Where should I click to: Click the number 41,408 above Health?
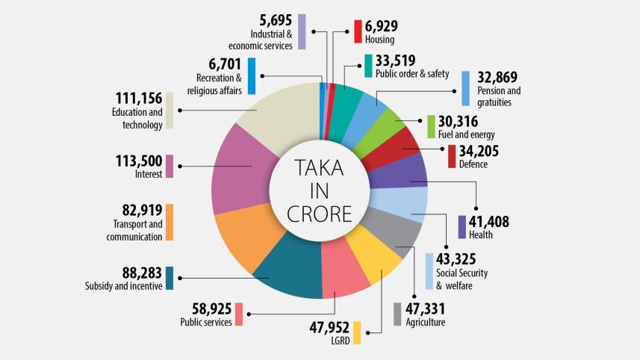491,221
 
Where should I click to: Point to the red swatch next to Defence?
451,156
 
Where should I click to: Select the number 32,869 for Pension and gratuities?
497,77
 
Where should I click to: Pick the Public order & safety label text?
411,73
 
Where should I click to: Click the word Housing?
379,40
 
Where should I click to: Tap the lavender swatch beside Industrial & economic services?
301,31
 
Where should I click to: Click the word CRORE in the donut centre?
320,214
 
